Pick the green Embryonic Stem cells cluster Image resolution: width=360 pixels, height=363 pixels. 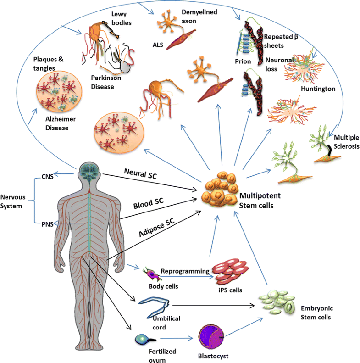coord(275,303)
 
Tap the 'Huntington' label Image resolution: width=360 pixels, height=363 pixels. coord(318,88)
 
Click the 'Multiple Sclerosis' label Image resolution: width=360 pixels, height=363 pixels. coord(346,142)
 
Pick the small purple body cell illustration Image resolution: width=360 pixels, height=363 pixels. coord(152,274)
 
